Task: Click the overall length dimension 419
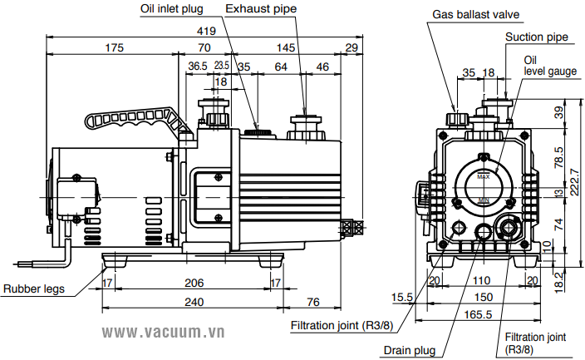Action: pyautogui.click(x=206, y=31)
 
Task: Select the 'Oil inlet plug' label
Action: pyautogui.click(x=171, y=9)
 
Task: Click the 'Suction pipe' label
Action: pyautogui.click(x=537, y=37)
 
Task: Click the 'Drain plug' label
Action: pyautogui.click(x=410, y=350)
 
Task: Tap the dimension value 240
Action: pyautogui.click(x=194, y=302)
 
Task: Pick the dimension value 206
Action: pyautogui.click(x=194, y=284)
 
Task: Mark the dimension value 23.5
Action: pyautogui.click(x=221, y=65)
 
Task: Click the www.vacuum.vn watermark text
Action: pyautogui.click(x=164, y=333)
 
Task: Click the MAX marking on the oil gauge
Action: pyautogui.click(x=484, y=176)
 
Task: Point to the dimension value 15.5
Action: pyautogui.click(x=403, y=297)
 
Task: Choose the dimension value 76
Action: pyautogui.click(x=313, y=302)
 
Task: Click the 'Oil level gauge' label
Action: pyautogui.click(x=549, y=66)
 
